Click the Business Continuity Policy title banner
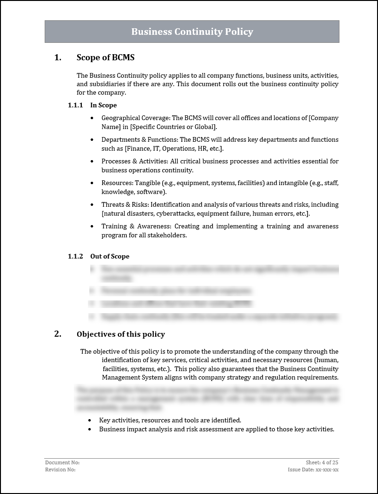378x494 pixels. click(192, 32)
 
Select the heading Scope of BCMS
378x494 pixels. click(105, 57)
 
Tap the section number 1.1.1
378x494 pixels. click(75, 105)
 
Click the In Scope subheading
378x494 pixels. click(103, 105)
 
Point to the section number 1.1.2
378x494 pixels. click(75, 256)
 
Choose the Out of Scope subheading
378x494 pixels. click(110, 256)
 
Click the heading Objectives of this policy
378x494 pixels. click(121, 334)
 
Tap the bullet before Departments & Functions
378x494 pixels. click(91, 140)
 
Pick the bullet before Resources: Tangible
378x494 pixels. click(91, 183)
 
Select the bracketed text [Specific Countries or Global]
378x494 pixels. click(173, 127)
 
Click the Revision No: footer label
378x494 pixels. click(60, 470)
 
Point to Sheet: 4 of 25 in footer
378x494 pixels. click(322, 463)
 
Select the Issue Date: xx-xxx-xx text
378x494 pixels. click(313, 470)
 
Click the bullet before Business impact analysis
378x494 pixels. click(90, 429)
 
